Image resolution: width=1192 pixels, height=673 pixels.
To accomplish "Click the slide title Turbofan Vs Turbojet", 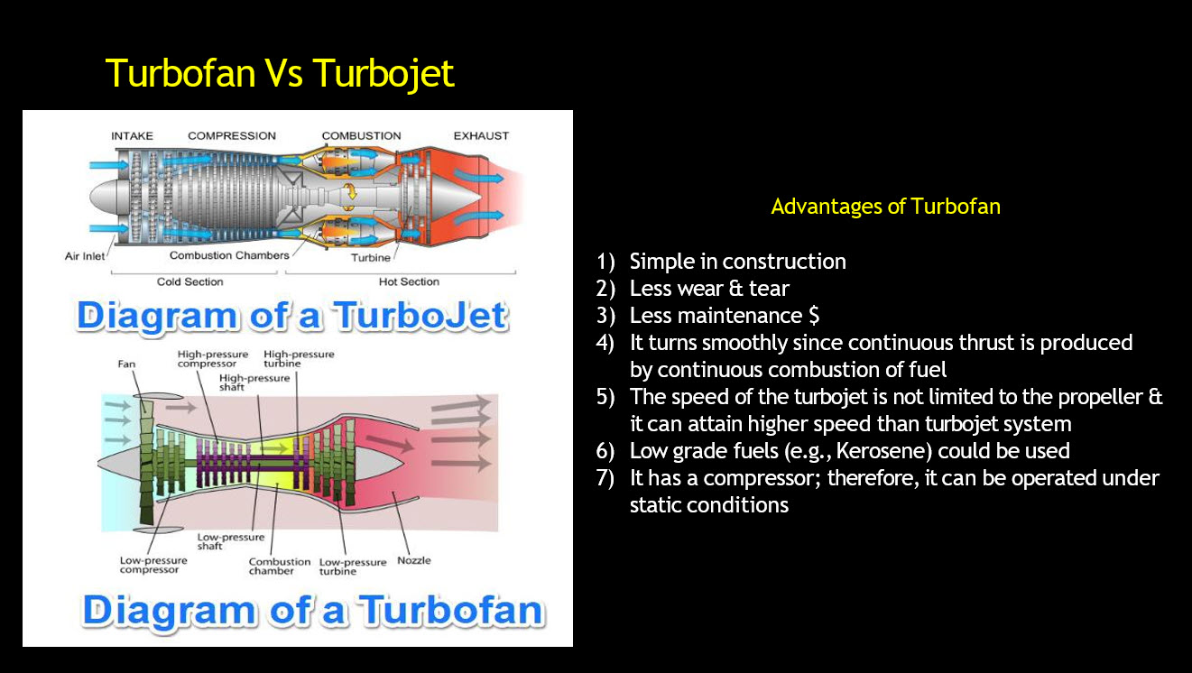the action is pyautogui.click(x=280, y=73).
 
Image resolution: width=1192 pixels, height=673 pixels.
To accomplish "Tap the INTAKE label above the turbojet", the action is pyautogui.click(x=132, y=135).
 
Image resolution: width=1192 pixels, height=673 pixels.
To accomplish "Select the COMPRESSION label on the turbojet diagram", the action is pyautogui.click(x=232, y=135).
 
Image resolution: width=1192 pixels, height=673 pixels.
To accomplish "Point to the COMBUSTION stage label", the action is pyautogui.click(x=361, y=135).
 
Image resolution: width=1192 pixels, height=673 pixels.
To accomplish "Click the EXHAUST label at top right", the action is pyautogui.click(x=481, y=135).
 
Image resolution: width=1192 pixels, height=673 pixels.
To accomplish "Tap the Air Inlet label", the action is pyautogui.click(x=85, y=256).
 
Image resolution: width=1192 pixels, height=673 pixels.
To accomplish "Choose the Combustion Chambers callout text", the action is pyautogui.click(x=229, y=255).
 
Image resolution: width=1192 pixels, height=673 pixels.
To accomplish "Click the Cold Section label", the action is pyautogui.click(x=190, y=281).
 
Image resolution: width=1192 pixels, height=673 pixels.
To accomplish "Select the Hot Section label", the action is pyautogui.click(x=410, y=281).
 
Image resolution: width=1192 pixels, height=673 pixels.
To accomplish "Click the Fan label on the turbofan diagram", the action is pyautogui.click(x=126, y=364).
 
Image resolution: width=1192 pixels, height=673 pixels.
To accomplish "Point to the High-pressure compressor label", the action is pyautogui.click(x=213, y=358).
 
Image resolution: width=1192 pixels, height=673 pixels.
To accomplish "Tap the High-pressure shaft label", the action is pyautogui.click(x=254, y=383).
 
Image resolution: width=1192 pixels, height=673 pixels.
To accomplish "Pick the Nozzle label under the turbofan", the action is pyautogui.click(x=414, y=560).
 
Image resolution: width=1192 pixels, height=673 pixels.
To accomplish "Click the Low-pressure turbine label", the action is pyautogui.click(x=353, y=567).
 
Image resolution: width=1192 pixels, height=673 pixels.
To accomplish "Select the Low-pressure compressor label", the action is pyautogui.click(x=153, y=565).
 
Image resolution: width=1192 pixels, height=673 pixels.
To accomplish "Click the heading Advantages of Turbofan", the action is pyautogui.click(x=885, y=207).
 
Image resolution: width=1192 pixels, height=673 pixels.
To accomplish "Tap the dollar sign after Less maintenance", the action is pyautogui.click(x=814, y=316).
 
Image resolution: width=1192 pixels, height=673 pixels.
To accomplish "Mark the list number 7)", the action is pyautogui.click(x=605, y=478).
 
